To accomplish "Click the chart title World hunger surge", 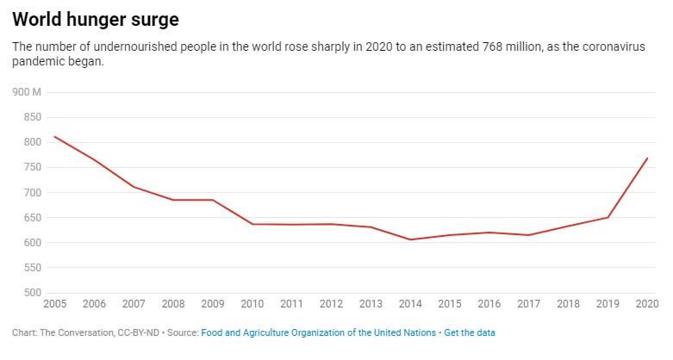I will (95, 18).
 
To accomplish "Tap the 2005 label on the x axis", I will (53, 304).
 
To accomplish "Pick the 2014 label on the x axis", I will (409, 304).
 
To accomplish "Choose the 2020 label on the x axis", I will (646, 304).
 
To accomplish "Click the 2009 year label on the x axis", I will (212, 304).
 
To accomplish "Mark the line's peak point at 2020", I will (647, 158).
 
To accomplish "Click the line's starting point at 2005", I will (54, 136).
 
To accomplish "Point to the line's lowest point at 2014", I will (410, 239).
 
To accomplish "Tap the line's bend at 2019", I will (608, 217).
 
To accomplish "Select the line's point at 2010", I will (252, 224).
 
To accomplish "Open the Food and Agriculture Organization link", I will (318, 332).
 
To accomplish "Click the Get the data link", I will (470, 332).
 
